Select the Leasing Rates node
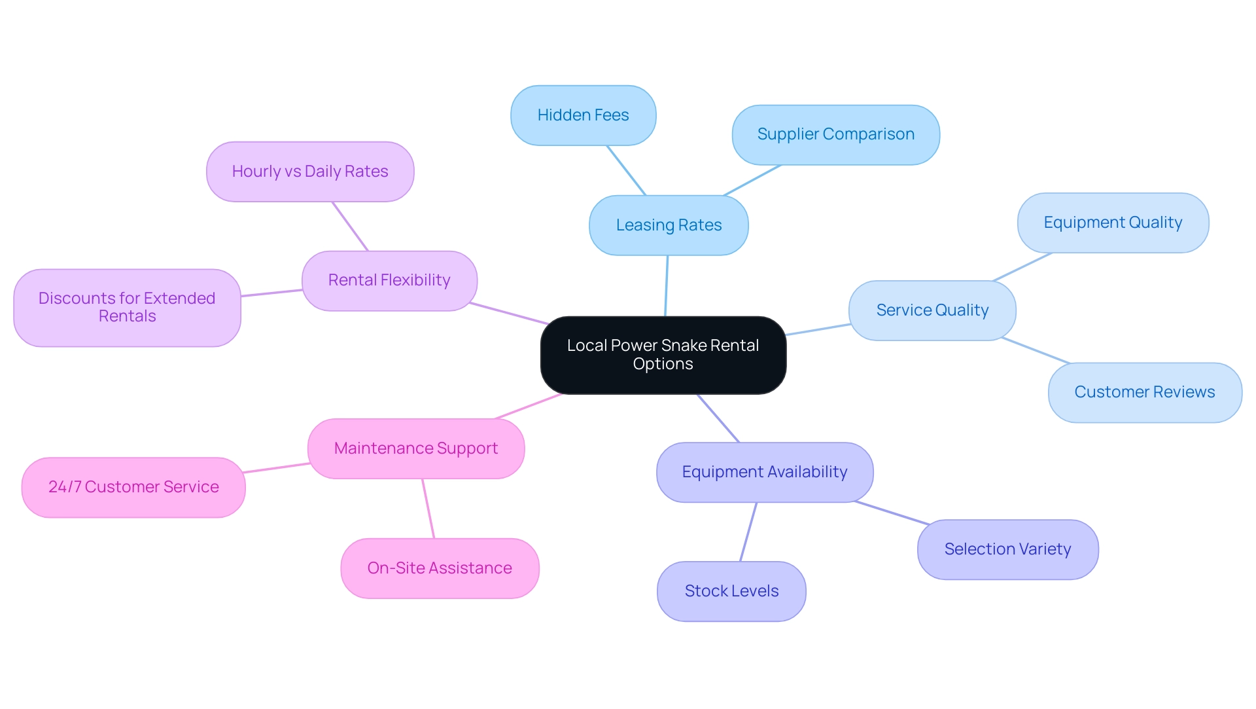[x=669, y=225]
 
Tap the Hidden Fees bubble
[x=583, y=115]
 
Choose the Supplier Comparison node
[x=835, y=134]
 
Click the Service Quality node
[x=932, y=310]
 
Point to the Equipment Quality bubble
[x=1112, y=223]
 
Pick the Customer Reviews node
[x=1144, y=392]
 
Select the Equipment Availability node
[x=764, y=472]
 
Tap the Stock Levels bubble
[x=731, y=591]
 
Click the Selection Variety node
[x=1007, y=549]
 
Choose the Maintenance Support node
[x=416, y=448]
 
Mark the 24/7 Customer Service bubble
[x=133, y=487]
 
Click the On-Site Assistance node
[x=440, y=568]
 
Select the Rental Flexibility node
[x=389, y=280]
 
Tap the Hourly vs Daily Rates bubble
[x=310, y=172]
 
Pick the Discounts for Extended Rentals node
[x=127, y=307]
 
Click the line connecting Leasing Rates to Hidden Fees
[x=626, y=170]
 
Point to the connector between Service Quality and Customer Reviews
[x=1036, y=350]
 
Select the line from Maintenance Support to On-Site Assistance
[x=428, y=508]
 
